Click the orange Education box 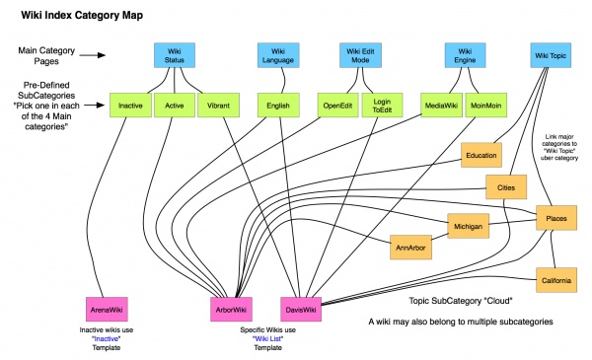pyautogui.click(x=481, y=155)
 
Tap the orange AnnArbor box pyautogui.click(x=409, y=247)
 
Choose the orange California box pyautogui.click(x=556, y=281)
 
